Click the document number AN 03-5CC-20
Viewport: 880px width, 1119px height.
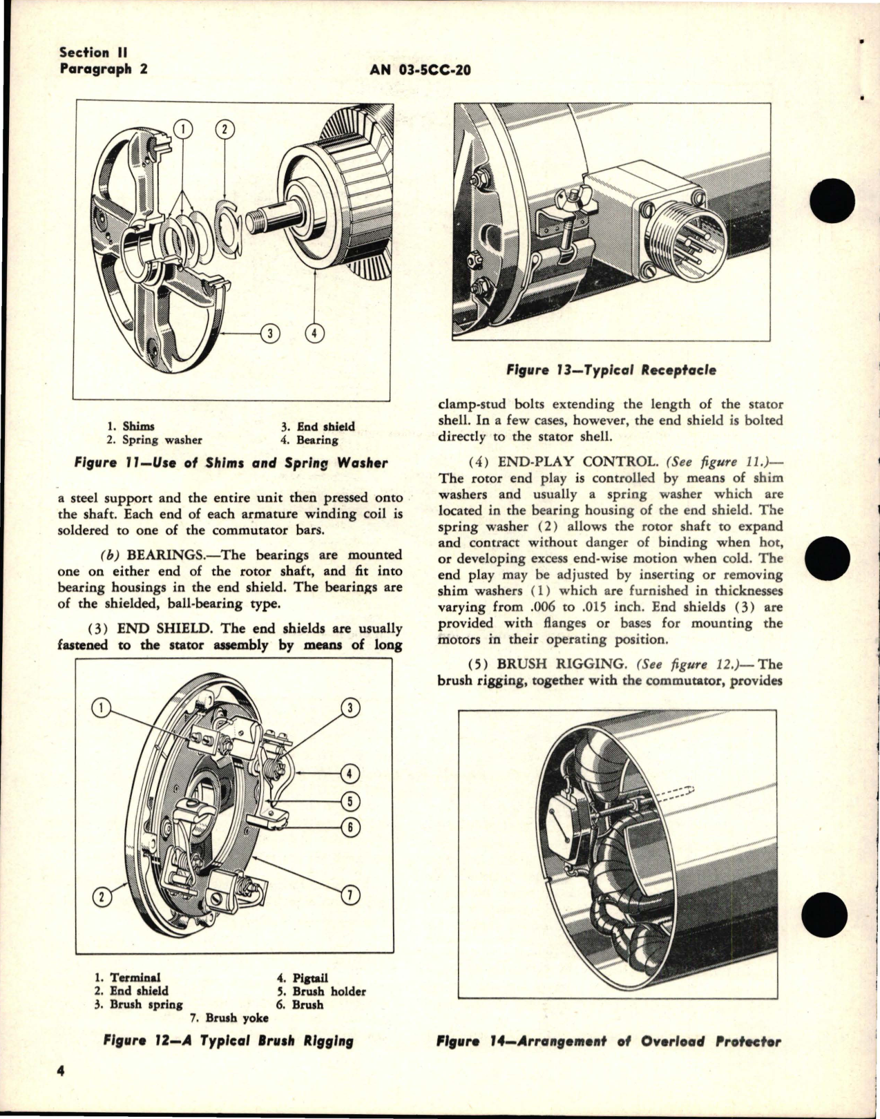click(421, 69)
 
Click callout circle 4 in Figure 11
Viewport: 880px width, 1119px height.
click(314, 334)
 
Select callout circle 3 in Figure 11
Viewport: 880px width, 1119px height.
click(271, 334)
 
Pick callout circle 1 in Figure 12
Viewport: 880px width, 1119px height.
click(102, 707)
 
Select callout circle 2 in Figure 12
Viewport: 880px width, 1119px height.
click(102, 897)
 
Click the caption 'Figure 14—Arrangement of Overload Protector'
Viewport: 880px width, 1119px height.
click(609, 1042)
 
